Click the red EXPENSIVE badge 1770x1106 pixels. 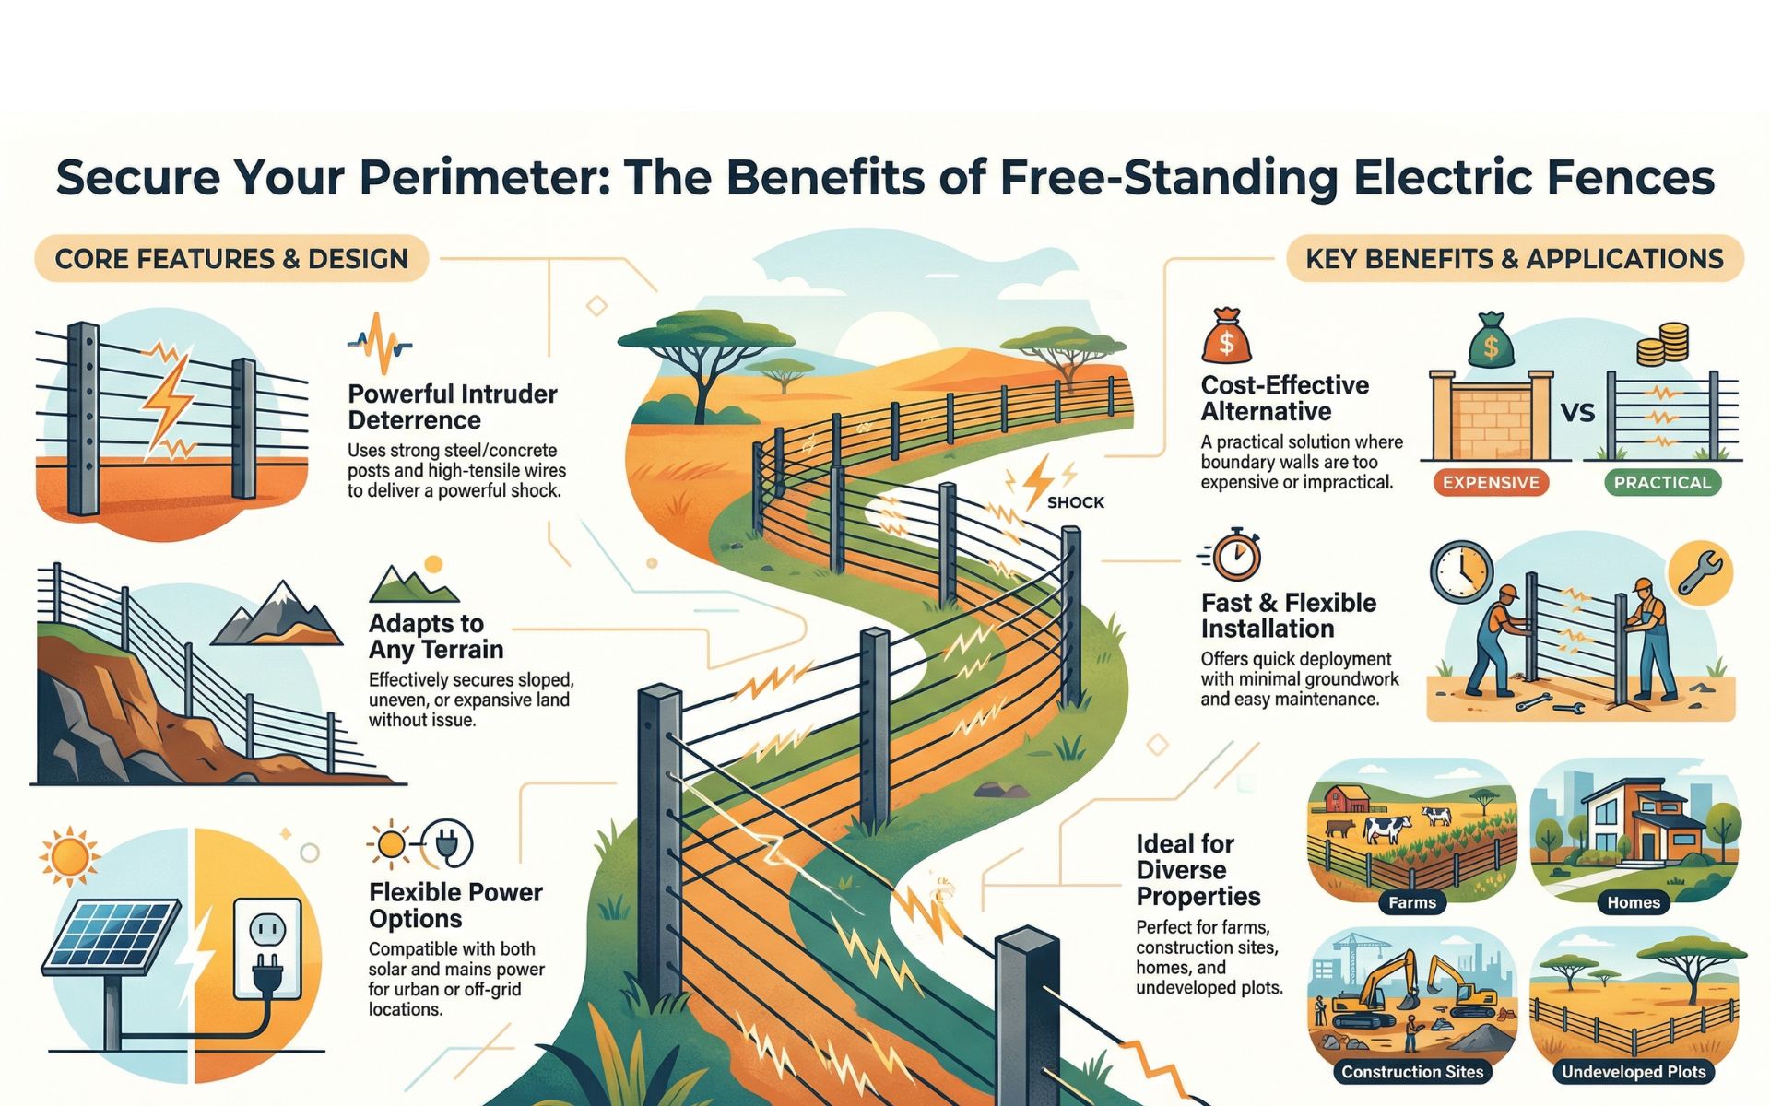[1491, 482]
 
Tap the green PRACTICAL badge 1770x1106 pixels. [1661, 482]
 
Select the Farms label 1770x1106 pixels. [1411, 902]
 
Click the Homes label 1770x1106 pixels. [1633, 902]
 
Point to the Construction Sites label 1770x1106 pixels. [1411, 1071]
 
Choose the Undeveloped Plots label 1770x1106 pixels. [1633, 1071]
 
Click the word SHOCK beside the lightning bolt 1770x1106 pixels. [1075, 502]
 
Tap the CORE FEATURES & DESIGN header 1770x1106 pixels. [231, 258]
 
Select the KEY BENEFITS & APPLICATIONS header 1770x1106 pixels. [1514, 258]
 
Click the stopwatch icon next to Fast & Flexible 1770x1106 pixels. [1235, 555]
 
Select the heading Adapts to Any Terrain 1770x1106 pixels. [435, 636]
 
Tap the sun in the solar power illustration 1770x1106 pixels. [70, 855]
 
